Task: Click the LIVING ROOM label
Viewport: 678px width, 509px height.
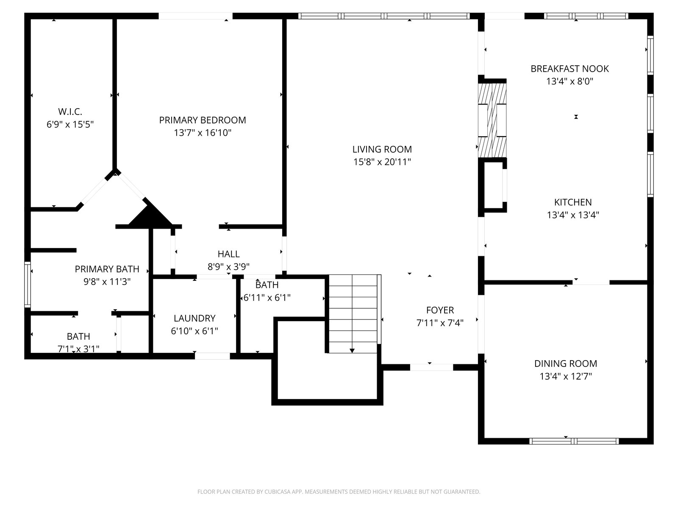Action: (x=382, y=149)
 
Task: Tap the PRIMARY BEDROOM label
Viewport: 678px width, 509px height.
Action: (x=203, y=120)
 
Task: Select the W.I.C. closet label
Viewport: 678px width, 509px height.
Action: (x=70, y=111)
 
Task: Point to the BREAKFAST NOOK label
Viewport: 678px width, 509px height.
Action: (x=570, y=69)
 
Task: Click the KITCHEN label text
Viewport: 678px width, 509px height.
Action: (x=573, y=202)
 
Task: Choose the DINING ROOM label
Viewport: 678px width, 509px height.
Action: (x=566, y=364)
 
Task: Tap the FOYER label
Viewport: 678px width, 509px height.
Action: (x=440, y=310)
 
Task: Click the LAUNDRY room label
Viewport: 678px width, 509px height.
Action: (x=195, y=318)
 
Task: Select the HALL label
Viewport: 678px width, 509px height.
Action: (x=228, y=254)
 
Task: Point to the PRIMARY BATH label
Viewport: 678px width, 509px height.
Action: (x=107, y=269)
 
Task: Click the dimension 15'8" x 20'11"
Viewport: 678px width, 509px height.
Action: (x=382, y=162)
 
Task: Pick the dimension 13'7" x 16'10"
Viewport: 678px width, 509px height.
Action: (x=203, y=133)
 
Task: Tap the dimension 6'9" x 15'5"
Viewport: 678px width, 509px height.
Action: (x=70, y=124)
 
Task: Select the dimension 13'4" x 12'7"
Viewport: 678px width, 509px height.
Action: (x=566, y=376)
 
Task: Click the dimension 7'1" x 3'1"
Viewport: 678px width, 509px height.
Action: (x=78, y=349)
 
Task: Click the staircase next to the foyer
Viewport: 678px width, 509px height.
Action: (x=353, y=314)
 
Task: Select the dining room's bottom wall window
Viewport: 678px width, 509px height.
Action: (x=574, y=441)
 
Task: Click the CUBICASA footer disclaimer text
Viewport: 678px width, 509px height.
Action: (x=339, y=492)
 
